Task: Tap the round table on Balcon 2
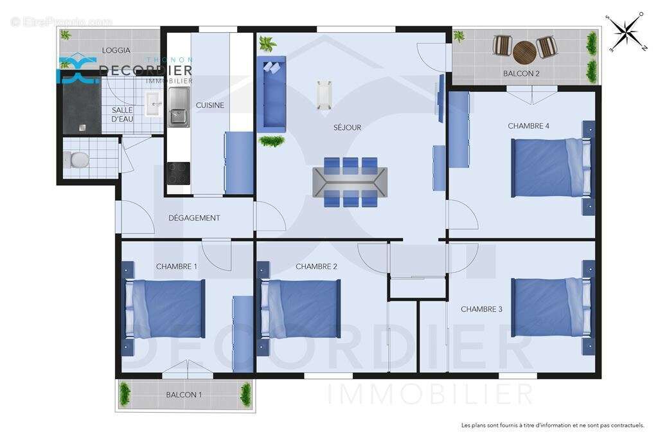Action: [524, 51]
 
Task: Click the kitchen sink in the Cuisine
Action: [178, 107]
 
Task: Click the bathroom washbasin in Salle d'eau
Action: [152, 104]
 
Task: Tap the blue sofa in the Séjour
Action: [271, 94]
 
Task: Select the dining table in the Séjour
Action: [350, 182]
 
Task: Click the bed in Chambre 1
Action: [165, 309]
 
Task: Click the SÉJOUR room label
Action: [347, 127]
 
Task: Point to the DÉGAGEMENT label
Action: [194, 218]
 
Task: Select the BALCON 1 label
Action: [184, 395]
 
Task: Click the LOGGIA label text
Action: [116, 50]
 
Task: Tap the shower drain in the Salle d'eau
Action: [82, 127]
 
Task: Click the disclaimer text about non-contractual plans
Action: [552, 425]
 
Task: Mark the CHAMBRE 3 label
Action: [481, 309]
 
